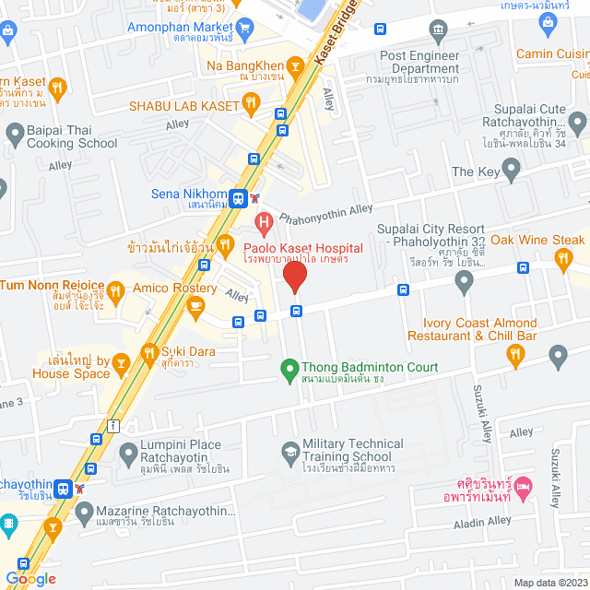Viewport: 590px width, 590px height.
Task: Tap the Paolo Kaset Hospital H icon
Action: tap(264, 222)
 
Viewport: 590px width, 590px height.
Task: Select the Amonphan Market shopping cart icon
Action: tap(243, 28)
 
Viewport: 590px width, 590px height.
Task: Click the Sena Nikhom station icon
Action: tap(239, 197)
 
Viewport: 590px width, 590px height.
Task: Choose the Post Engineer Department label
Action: tap(419, 62)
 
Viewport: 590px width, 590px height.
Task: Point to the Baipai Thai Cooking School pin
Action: tap(15, 136)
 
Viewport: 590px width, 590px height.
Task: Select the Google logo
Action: tap(30, 578)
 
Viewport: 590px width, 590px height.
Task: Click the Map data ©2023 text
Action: tap(549, 583)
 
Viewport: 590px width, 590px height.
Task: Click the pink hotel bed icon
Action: tap(524, 484)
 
